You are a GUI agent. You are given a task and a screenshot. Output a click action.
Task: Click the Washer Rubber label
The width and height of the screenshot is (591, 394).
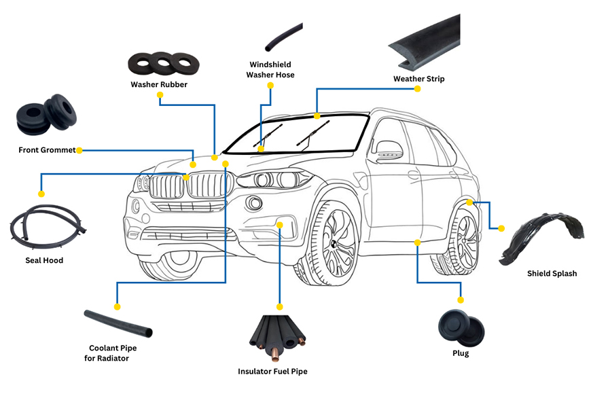(x=159, y=85)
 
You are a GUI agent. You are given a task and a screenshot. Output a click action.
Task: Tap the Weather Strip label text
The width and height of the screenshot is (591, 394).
(x=418, y=79)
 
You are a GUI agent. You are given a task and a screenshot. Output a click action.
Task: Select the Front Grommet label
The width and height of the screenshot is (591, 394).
(x=47, y=150)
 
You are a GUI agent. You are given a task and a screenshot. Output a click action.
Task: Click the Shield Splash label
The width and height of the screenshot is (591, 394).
(x=552, y=274)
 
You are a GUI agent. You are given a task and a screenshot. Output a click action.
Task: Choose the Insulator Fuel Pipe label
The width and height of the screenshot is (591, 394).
(x=272, y=372)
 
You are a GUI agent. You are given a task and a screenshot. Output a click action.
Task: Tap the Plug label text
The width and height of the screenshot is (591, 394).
(x=461, y=353)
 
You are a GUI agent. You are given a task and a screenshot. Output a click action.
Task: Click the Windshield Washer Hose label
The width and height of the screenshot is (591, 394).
(x=270, y=70)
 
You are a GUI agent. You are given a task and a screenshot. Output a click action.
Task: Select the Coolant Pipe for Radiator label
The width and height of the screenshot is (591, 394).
(x=109, y=353)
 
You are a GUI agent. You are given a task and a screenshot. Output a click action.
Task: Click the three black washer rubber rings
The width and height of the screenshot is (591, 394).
(x=160, y=64)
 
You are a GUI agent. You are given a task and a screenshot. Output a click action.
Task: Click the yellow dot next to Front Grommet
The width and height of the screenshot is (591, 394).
(x=79, y=150)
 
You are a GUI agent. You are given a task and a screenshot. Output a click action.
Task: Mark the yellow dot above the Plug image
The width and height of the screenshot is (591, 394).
(x=461, y=300)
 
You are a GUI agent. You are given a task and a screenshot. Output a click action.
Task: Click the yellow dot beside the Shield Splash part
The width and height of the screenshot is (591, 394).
(x=501, y=228)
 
